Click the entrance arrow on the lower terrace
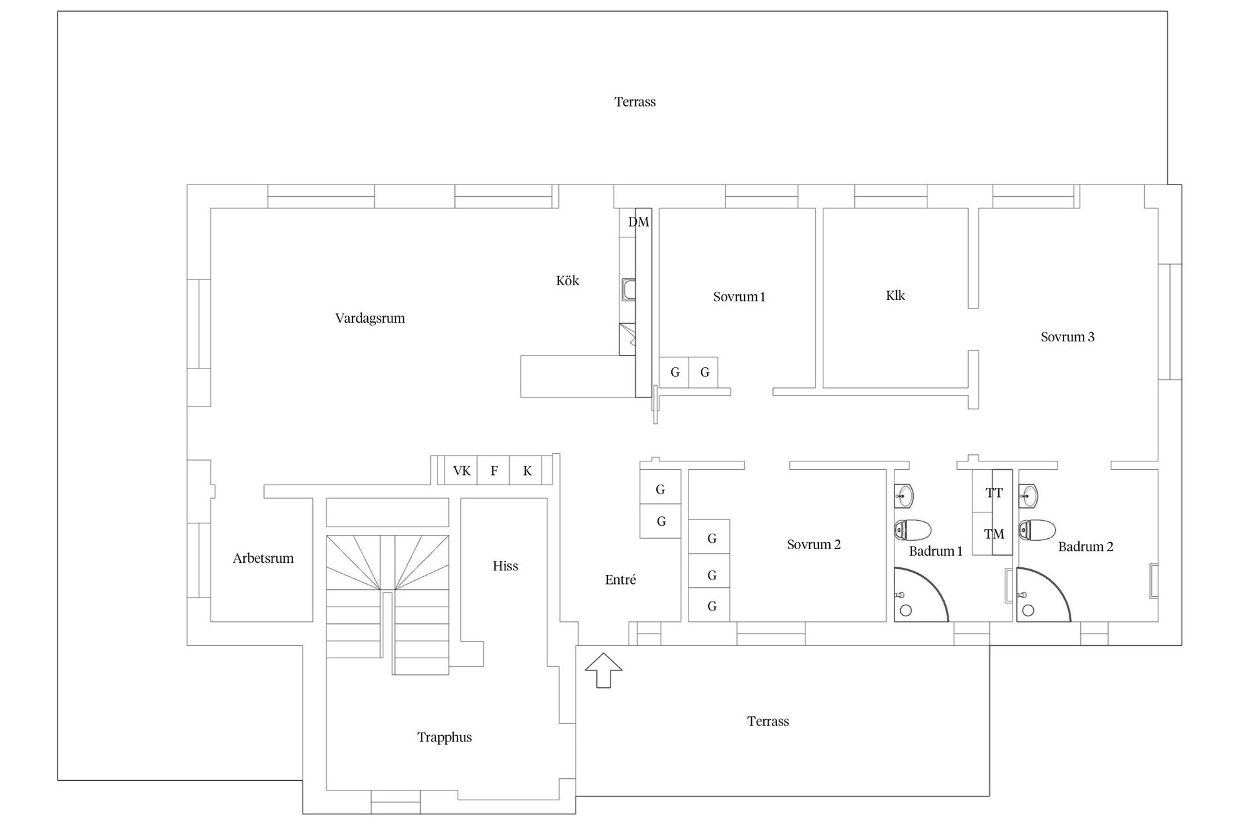click(x=603, y=670)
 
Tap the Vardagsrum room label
click(x=370, y=318)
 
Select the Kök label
click(x=567, y=281)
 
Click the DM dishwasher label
click(x=639, y=222)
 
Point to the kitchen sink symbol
click(x=628, y=290)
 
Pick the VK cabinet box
click(x=461, y=470)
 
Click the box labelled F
click(x=494, y=470)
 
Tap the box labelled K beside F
click(x=527, y=470)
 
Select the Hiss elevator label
click(x=505, y=566)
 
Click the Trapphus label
click(x=445, y=738)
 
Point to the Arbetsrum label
click(x=263, y=559)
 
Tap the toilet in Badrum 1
click(x=912, y=530)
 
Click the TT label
click(x=994, y=493)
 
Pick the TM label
click(x=994, y=534)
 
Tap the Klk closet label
click(x=895, y=296)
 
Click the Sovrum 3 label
click(x=1067, y=337)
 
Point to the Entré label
click(x=620, y=579)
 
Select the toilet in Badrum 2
click(x=1037, y=530)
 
